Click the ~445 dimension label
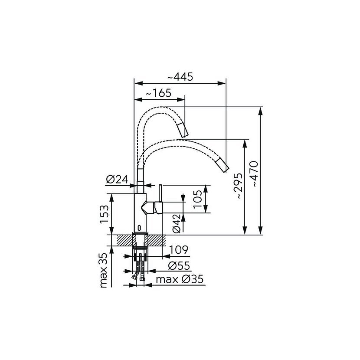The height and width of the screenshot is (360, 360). (180, 77)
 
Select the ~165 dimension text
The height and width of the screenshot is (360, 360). (158, 93)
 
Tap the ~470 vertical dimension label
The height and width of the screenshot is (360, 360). (255, 173)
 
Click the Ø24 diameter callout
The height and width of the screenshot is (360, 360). (117, 179)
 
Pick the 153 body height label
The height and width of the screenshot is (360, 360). (104, 214)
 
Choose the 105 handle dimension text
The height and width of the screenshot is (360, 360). (198, 199)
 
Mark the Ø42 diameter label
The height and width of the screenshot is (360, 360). (177, 223)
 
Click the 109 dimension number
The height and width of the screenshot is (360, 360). (179, 249)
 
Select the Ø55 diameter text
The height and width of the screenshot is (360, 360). (179, 266)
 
